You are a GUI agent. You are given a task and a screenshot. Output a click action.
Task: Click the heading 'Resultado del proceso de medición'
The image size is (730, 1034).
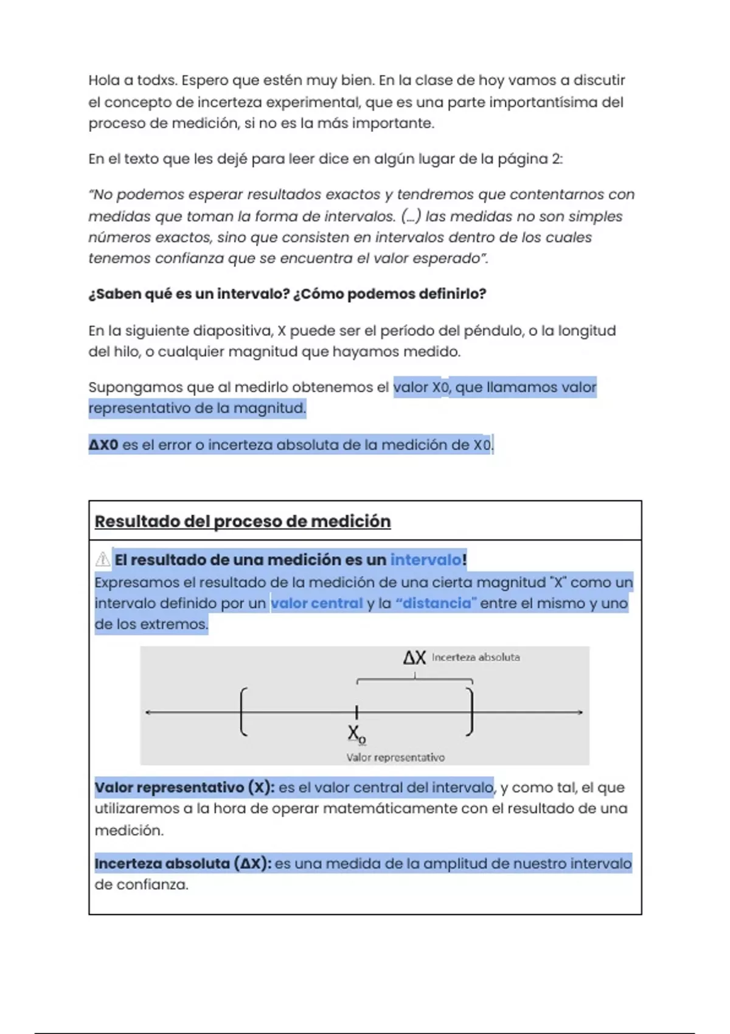point(243,521)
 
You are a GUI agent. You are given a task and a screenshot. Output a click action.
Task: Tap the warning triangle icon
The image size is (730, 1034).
point(103,559)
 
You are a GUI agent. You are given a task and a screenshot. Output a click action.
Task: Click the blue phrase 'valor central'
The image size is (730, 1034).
point(316,603)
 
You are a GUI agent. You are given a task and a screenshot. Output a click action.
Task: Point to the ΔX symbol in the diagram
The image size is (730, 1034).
point(414,658)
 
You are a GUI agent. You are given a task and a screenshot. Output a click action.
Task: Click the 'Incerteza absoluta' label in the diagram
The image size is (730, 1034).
point(476,658)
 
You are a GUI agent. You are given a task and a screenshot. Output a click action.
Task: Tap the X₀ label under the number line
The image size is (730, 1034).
point(356,734)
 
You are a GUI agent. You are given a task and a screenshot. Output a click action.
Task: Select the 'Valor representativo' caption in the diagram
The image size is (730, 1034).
point(395,758)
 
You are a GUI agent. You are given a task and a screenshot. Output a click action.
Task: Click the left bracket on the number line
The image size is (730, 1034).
point(243,712)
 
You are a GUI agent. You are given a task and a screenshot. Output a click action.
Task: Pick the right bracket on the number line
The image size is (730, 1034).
point(470,712)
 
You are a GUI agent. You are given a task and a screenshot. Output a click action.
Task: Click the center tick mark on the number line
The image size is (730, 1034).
point(356,712)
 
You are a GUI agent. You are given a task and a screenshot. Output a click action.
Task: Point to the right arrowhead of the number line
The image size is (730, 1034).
point(580,712)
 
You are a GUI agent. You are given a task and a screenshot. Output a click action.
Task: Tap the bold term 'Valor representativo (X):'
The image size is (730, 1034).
point(184,788)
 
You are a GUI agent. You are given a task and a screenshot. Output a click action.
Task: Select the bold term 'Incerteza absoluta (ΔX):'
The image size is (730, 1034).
point(183,864)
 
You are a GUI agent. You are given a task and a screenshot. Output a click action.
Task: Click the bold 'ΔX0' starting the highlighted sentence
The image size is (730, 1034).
point(103,445)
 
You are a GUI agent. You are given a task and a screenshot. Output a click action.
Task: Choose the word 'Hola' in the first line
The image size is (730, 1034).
point(103,80)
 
